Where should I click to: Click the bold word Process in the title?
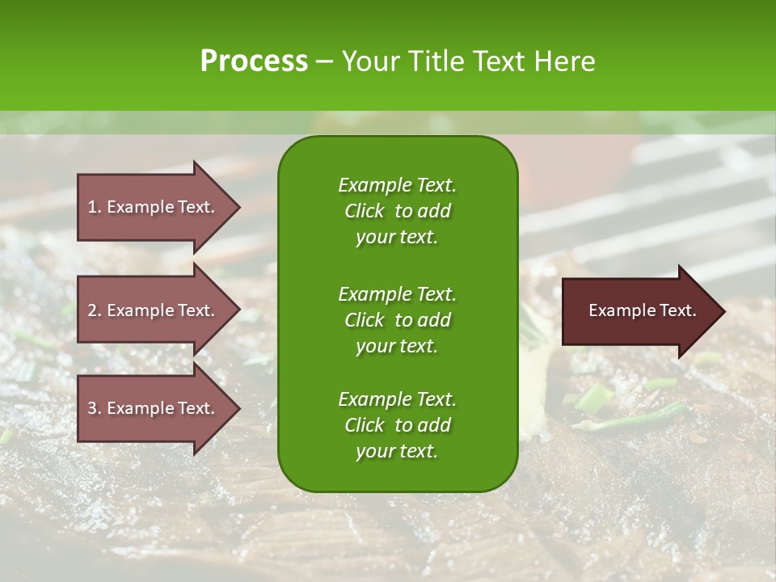(254, 61)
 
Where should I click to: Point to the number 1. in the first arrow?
(94, 207)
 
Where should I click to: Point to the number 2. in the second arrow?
(94, 310)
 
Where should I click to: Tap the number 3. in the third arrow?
(94, 408)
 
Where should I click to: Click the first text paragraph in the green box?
(397, 211)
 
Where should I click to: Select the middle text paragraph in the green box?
(397, 319)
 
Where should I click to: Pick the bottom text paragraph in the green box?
(397, 425)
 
